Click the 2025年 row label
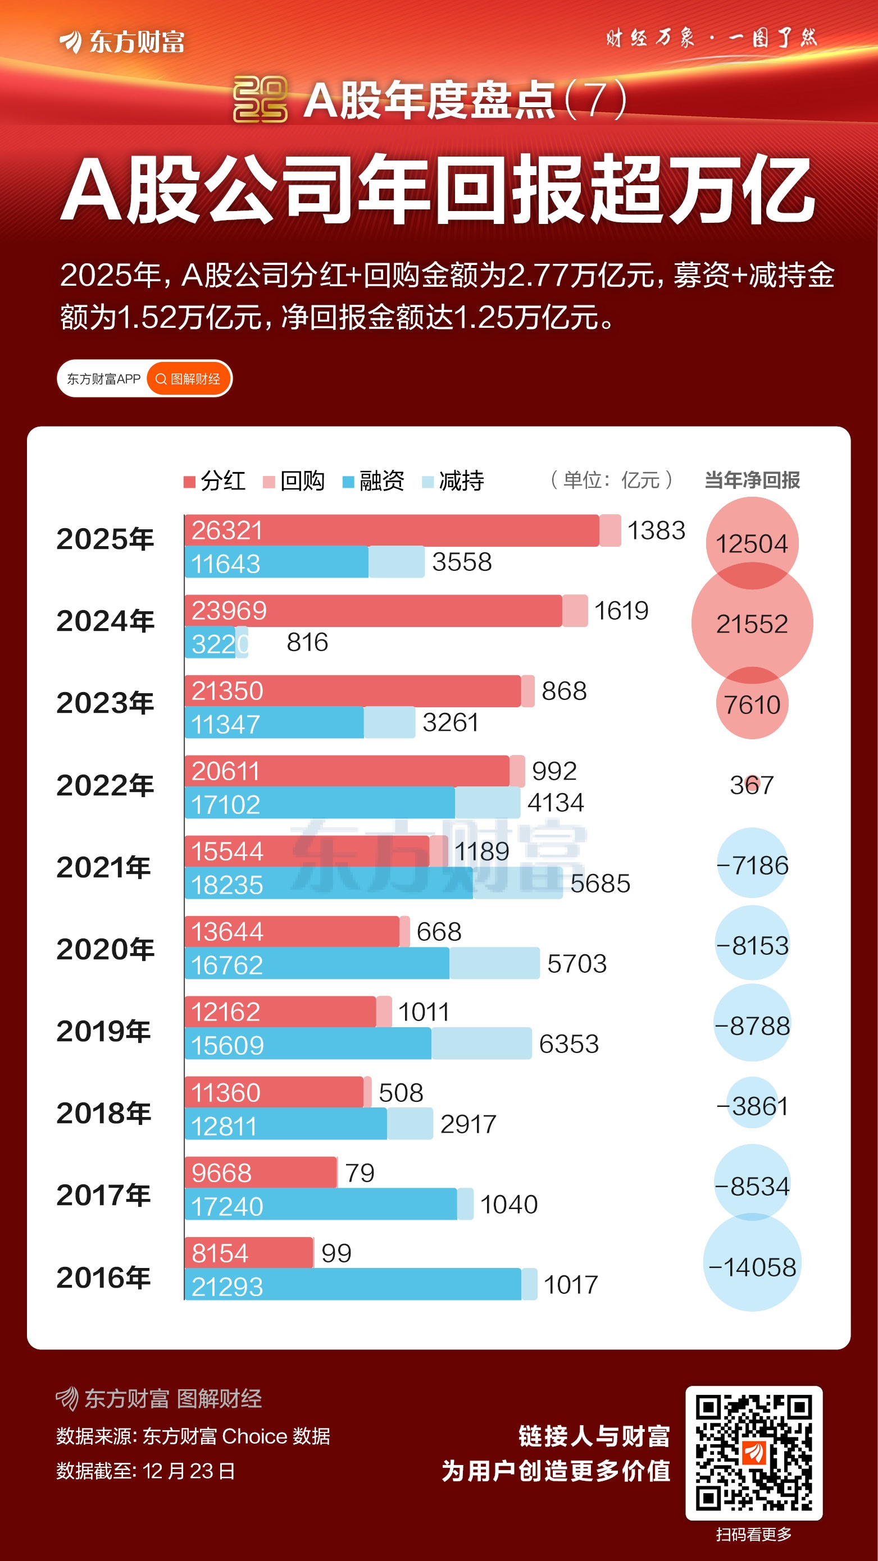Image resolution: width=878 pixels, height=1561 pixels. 105,539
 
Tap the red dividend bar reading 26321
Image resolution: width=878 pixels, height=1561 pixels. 391,531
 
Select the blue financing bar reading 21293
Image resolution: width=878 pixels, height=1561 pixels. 352,1284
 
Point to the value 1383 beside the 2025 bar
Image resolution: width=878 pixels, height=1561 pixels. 656,531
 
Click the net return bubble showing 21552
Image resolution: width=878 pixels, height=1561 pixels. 752,624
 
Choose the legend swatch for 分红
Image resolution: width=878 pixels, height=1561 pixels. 189,482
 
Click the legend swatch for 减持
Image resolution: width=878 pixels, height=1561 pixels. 427,482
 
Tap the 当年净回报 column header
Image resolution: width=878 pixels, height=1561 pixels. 752,480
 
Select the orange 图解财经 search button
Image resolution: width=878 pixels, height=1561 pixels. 189,379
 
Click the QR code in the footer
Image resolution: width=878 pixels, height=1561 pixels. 754,1453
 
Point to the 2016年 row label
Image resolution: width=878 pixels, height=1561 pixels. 104,1278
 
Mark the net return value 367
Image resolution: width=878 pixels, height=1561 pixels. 752,785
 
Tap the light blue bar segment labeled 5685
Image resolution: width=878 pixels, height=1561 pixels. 517,884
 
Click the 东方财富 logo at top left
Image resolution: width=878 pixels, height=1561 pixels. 122,42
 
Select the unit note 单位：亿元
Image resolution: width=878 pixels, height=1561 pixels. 611,480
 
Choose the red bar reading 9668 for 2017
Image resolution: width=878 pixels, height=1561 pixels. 261,1173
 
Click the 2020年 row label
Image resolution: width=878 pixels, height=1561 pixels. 105,949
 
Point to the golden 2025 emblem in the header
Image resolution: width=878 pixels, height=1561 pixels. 260,99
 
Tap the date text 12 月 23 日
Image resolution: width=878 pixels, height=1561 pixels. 189,1471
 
